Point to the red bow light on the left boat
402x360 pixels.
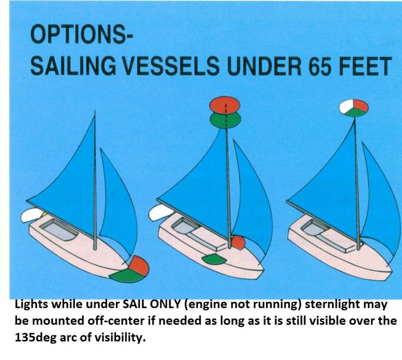[x=139, y=265]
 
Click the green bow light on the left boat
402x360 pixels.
[x=126, y=276]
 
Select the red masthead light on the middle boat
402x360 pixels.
[x=225, y=104]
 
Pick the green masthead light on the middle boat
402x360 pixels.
[x=225, y=119]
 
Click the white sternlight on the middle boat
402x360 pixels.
[x=160, y=213]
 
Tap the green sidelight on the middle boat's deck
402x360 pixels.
[x=214, y=259]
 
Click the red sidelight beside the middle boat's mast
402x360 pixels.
[x=238, y=243]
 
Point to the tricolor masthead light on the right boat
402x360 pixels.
[x=354, y=107]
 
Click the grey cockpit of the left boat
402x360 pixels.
[x=59, y=229]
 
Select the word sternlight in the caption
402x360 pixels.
[x=330, y=305]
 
